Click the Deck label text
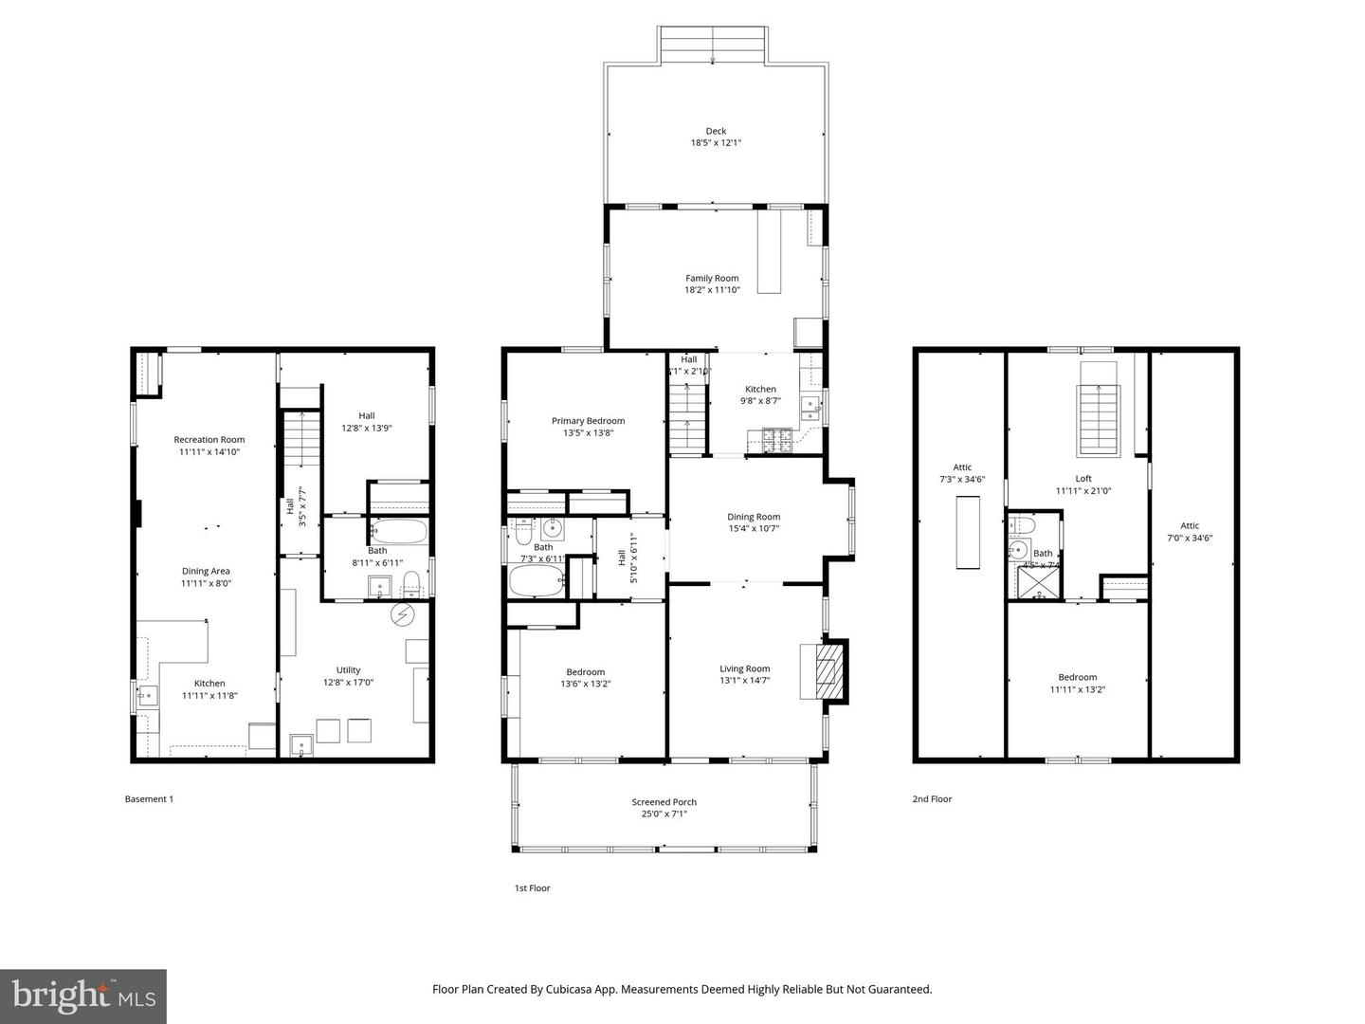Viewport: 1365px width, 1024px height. [x=715, y=131]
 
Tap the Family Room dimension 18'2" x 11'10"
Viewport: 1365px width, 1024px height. [x=712, y=290]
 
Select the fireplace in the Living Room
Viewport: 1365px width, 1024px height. [x=824, y=671]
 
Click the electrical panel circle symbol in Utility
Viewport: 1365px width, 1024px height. [x=404, y=614]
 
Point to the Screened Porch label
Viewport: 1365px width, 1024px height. [x=664, y=802]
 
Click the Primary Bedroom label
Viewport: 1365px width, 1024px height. [x=588, y=421]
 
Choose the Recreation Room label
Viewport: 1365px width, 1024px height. [x=209, y=439]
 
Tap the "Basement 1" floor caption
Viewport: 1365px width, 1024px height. [x=149, y=799]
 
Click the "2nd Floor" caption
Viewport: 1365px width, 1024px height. [x=932, y=799]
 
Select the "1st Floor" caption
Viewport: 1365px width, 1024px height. [x=532, y=888]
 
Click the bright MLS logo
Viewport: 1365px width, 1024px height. [x=83, y=996]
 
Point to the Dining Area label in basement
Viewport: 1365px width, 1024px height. [x=206, y=571]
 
